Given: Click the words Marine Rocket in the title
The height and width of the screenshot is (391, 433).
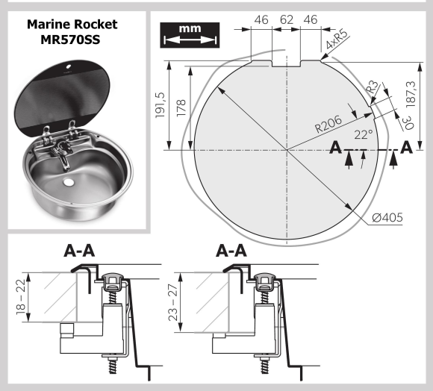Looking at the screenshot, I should pyautogui.click(x=72, y=24).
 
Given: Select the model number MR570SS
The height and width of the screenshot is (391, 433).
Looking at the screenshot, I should pyautogui.click(x=72, y=39).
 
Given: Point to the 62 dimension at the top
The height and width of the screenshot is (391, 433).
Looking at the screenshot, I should pyautogui.click(x=287, y=20).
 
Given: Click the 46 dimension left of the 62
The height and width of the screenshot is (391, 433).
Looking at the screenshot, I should pyautogui.click(x=260, y=20).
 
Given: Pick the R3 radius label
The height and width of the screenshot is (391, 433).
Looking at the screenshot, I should pyautogui.click(x=371, y=88).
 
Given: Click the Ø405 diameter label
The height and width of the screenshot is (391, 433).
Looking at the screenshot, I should pyautogui.click(x=387, y=218).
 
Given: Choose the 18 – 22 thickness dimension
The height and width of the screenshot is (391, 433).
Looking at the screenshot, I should pyautogui.click(x=19, y=295).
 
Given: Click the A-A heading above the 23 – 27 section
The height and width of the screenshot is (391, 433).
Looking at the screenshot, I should pyautogui.click(x=231, y=251).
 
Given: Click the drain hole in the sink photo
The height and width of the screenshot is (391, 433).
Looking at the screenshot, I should pyautogui.click(x=69, y=181).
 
